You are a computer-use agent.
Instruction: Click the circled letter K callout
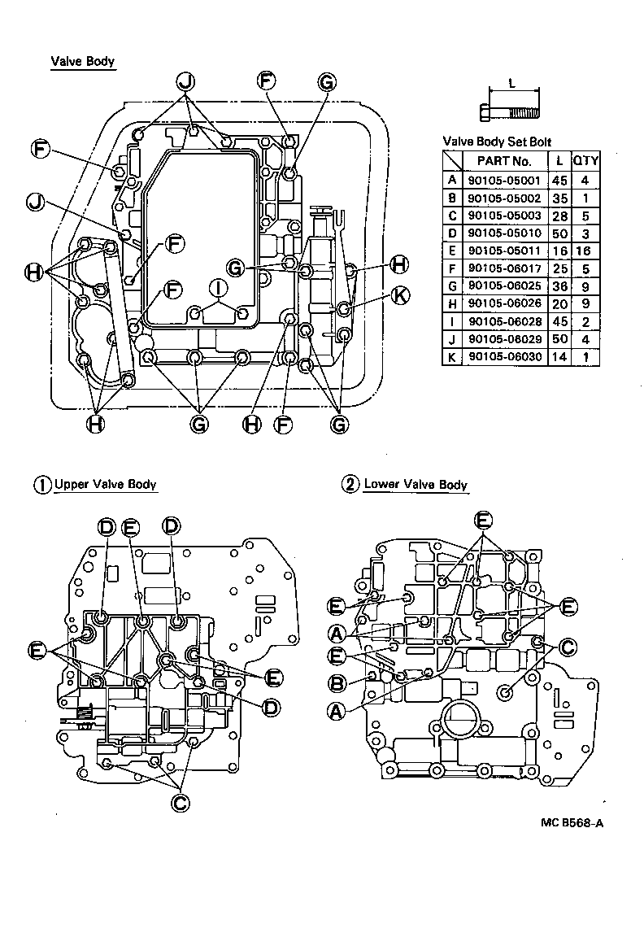tap(399, 295)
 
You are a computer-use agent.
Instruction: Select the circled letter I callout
tap(217, 286)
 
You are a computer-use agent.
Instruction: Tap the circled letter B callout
tap(337, 682)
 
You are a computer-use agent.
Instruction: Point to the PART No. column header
tap(503, 161)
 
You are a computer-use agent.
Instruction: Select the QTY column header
tap(585, 161)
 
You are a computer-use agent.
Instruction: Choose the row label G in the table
tap(451, 286)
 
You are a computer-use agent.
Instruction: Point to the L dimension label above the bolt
tap(511, 83)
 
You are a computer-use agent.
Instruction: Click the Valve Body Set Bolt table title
tap(496, 142)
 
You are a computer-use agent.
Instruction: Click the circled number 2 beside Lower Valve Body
tap(350, 485)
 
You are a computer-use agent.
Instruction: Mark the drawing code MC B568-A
tap(572, 822)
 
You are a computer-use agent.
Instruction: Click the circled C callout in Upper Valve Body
tap(181, 801)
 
